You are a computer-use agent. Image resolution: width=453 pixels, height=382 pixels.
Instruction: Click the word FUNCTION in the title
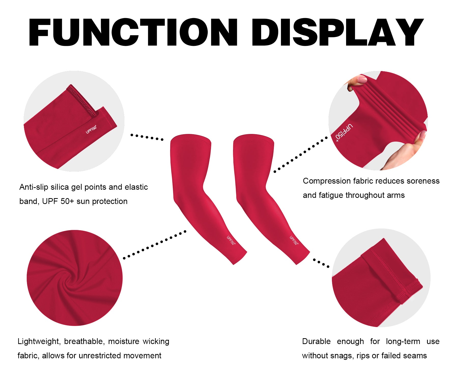pyautogui.click(x=133, y=32)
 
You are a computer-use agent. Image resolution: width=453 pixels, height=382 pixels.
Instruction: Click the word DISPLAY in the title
pyautogui.click(x=337, y=32)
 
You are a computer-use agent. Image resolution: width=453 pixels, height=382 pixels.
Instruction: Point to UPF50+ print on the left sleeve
pyautogui.click(x=231, y=240)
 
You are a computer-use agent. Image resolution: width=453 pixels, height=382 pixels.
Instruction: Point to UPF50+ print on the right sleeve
pyautogui.click(x=294, y=240)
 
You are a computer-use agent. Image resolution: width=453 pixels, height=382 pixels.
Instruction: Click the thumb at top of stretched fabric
pyautogui.click(x=356, y=82)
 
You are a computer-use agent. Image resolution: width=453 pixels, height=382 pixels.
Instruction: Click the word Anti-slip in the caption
pyautogui.click(x=34, y=187)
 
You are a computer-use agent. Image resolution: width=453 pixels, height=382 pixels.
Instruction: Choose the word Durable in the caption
pyautogui.click(x=316, y=341)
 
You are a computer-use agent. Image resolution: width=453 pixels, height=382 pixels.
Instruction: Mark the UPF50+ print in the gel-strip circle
pyautogui.click(x=91, y=129)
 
